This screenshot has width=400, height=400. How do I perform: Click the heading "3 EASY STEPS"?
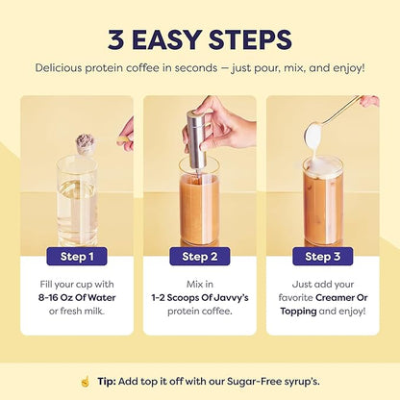199,40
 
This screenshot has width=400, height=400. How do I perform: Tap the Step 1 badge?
76,256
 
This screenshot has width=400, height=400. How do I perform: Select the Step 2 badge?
199,256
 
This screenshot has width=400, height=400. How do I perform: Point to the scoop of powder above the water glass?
85,144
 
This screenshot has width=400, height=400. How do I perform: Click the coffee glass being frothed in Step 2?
199,207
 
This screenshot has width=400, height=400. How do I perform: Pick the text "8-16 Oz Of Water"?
76,298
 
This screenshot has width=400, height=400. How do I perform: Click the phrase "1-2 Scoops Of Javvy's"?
199,298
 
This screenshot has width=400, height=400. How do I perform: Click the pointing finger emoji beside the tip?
84,382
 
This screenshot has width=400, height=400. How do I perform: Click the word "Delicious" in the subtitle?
64,68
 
